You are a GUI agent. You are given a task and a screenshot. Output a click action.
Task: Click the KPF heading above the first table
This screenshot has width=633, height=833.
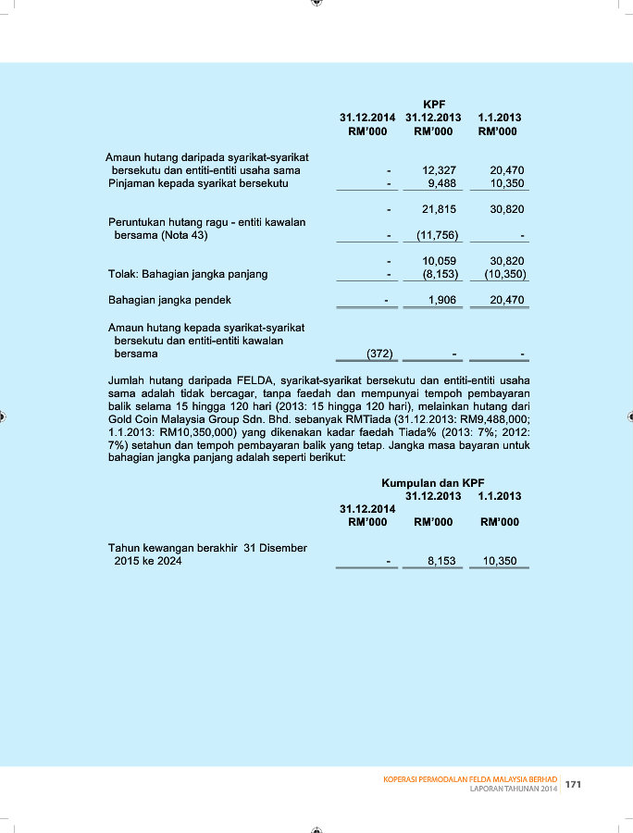(434, 105)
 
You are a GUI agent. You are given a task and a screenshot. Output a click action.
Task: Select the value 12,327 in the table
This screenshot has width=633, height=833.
(439, 170)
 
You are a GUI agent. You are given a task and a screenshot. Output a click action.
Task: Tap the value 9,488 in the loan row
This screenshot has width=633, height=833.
(442, 183)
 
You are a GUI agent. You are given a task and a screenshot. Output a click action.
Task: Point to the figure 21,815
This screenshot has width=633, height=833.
(439, 210)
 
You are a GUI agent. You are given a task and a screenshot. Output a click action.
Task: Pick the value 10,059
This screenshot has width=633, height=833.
(439, 262)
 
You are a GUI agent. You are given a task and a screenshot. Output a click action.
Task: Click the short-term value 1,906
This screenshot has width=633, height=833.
(442, 301)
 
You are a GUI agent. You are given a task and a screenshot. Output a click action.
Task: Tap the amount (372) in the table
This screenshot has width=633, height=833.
(379, 354)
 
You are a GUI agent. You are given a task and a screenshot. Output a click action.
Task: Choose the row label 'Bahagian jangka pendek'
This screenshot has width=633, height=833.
(169, 301)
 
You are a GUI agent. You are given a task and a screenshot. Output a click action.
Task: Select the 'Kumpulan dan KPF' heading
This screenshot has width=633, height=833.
(432, 483)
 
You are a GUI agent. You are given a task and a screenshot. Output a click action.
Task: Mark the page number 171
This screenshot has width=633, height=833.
(573, 784)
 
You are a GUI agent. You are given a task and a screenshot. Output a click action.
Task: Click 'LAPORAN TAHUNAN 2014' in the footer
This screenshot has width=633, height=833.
(513, 789)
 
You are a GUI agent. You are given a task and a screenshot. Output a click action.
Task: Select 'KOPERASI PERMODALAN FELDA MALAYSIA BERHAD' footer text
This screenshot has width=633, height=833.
(470, 779)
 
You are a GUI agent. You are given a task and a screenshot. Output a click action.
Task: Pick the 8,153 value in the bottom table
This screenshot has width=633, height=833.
(442, 561)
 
